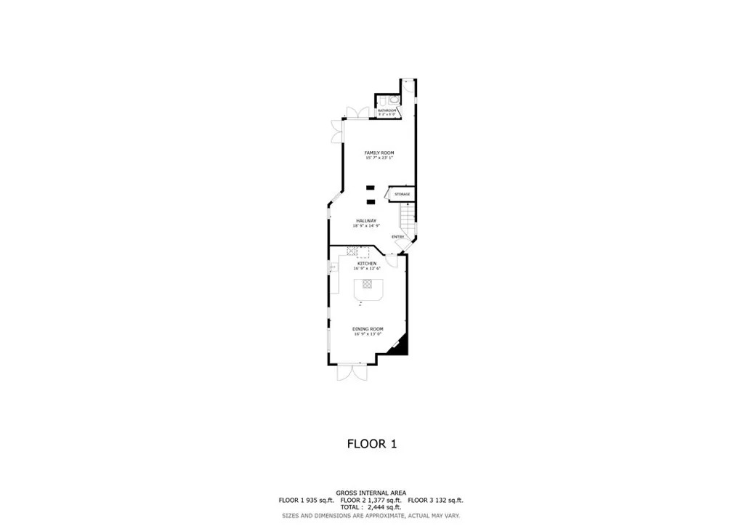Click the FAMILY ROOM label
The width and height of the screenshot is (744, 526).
pyautogui.click(x=379, y=153)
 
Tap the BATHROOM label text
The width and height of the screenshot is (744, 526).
pyautogui.click(x=387, y=110)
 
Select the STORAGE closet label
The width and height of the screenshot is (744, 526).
pyautogui.click(x=402, y=194)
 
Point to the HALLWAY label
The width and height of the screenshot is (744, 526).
pyautogui.click(x=366, y=221)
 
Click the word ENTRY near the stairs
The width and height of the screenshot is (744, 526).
pyautogui.click(x=398, y=237)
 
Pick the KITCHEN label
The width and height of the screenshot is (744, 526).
pyautogui.click(x=366, y=263)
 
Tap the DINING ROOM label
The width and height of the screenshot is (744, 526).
pyautogui.click(x=368, y=329)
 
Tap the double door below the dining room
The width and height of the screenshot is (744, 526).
pyautogui.click(x=353, y=372)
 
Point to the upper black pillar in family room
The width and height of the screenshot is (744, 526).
pyautogui.click(x=371, y=187)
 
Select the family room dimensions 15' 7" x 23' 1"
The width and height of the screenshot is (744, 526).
pyautogui.click(x=379, y=158)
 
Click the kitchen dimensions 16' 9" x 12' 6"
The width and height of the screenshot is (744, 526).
pyautogui.click(x=367, y=269)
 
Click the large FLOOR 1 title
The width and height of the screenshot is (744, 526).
pyautogui.click(x=372, y=444)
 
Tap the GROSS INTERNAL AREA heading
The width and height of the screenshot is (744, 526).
pyautogui.click(x=371, y=493)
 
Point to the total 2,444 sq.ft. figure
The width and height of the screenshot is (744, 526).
pyautogui.click(x=384, y=508)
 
